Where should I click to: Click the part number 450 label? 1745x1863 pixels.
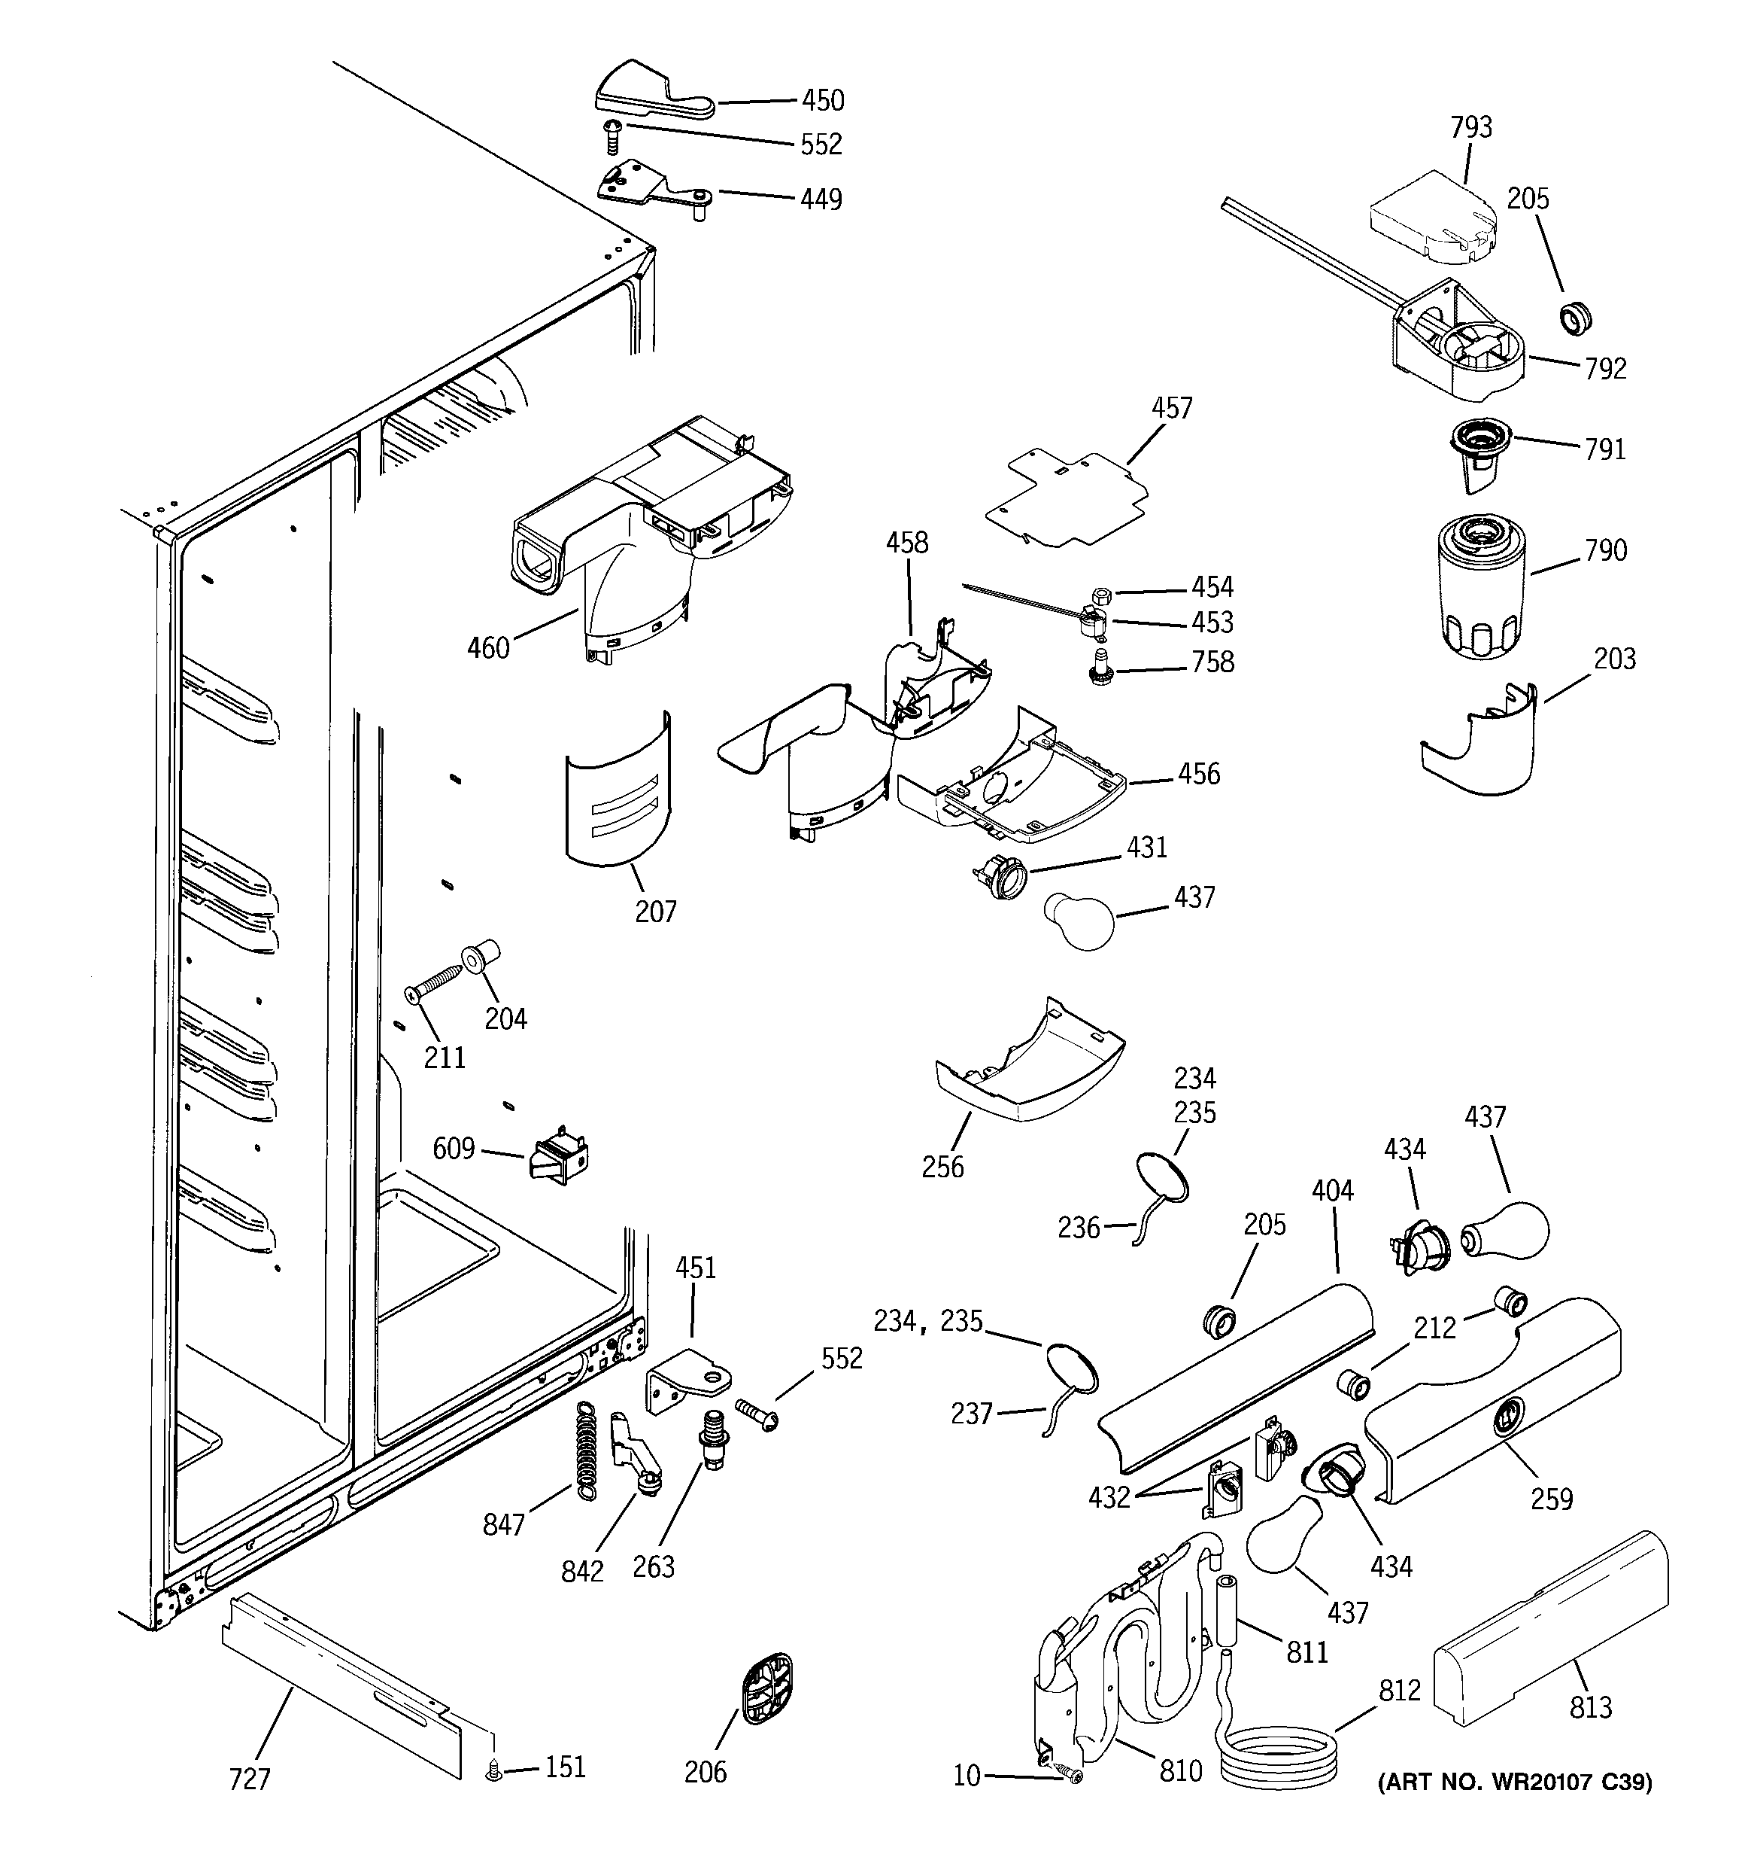tap(822, 100)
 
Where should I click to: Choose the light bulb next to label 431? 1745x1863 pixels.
tap(1079, 921)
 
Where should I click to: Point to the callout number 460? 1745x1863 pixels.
tap(488, 647)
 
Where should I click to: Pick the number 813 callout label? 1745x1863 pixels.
tap(1591, 1707)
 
